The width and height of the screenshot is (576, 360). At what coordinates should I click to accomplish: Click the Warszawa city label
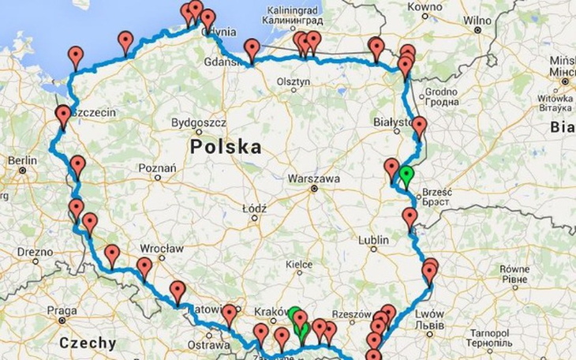315,178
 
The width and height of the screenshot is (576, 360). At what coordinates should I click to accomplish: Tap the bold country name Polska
226,147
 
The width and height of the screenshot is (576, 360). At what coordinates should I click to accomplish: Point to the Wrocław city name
164,247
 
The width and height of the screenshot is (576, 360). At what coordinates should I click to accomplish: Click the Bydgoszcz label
199,123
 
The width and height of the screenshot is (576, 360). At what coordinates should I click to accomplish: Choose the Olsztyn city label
293,81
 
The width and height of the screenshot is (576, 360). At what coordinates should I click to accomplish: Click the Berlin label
21,161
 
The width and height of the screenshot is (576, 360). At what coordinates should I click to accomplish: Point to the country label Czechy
88,343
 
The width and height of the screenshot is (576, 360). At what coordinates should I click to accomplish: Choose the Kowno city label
425,7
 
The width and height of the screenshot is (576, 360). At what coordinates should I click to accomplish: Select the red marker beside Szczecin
63,115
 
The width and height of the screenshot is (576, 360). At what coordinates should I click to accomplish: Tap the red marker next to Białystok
419,126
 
